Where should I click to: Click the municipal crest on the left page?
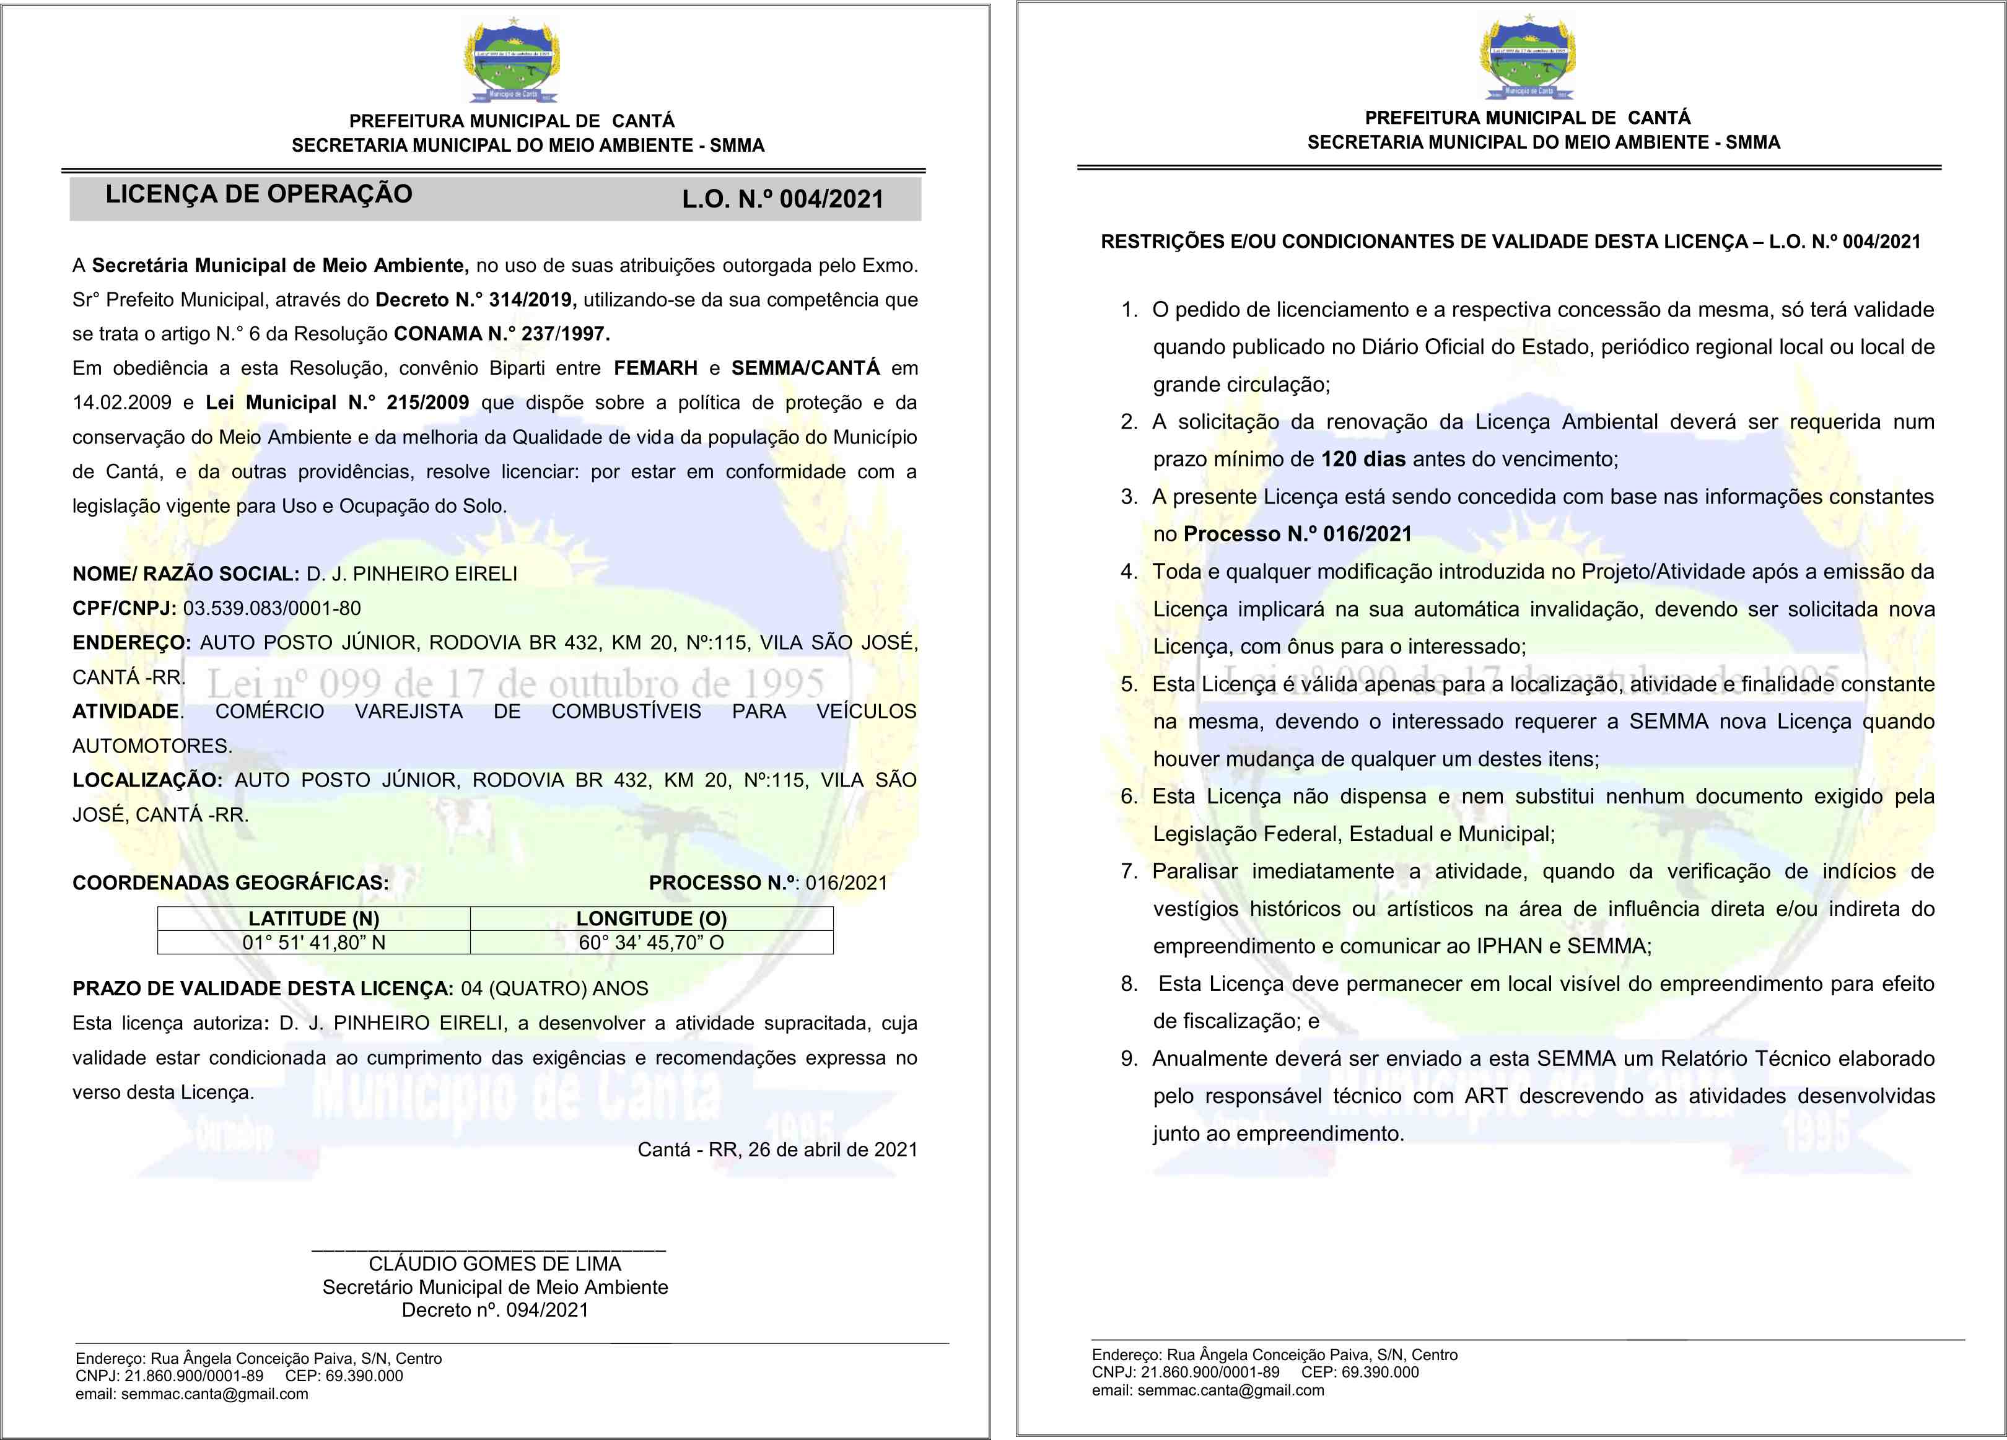[512, 60]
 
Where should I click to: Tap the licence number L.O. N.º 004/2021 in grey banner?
[782, 199]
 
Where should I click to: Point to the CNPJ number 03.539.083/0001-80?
[272, 609]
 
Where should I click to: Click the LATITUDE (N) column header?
[313, 918]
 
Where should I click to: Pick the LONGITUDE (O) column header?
[651, 918]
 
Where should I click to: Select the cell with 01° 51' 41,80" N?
[313, 943]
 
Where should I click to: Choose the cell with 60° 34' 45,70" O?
[651, 943]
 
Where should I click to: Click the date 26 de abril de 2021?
[833, 1150]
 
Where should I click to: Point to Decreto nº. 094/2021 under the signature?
[495, 1310]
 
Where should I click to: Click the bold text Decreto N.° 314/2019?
[475, 300]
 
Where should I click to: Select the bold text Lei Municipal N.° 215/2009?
[337, 403]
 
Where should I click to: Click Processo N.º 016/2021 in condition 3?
[1297, 535]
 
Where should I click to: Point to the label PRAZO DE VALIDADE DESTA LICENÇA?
[263, 989]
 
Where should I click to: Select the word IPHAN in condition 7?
[1509, 946]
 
